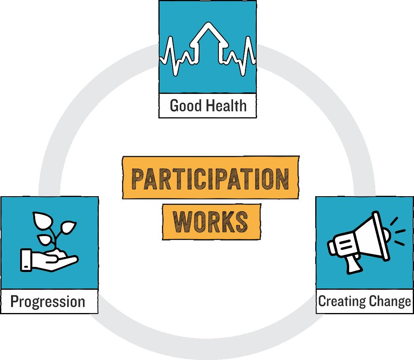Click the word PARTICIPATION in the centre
210,179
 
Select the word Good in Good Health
186,106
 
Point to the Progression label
48,302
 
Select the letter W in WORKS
183,221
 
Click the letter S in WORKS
241,221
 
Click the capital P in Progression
15,302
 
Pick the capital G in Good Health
174,106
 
